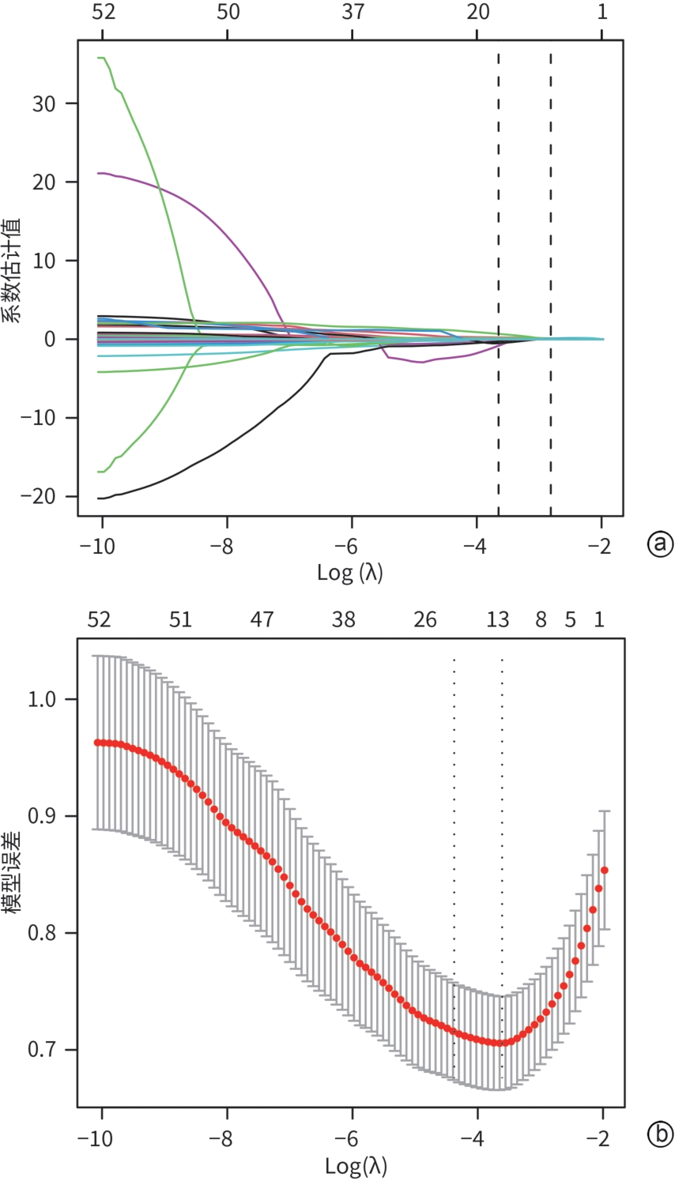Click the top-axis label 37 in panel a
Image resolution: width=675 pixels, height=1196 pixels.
click(x=352, y=12)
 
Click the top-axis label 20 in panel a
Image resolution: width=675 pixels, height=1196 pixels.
click(x=477, y=12)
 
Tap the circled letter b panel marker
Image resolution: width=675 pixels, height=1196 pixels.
click(x=660, y=1135)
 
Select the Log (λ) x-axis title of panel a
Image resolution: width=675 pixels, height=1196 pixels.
click(x=350, y=572)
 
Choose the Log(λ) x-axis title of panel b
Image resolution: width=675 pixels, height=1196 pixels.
click(x=356, y=1165)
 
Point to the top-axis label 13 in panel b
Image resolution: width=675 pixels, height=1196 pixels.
click(x=498, y=620)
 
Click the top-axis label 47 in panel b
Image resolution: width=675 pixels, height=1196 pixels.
click(x=262, y=620)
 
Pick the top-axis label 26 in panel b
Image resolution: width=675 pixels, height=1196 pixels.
click(x=425, y=620)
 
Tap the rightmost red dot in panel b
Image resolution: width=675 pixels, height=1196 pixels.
click(x=605, y=870)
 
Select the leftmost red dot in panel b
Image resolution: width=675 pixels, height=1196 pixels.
click(x=97, y=743)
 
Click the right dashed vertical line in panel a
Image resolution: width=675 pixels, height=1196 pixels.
click(x=550, y=284)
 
